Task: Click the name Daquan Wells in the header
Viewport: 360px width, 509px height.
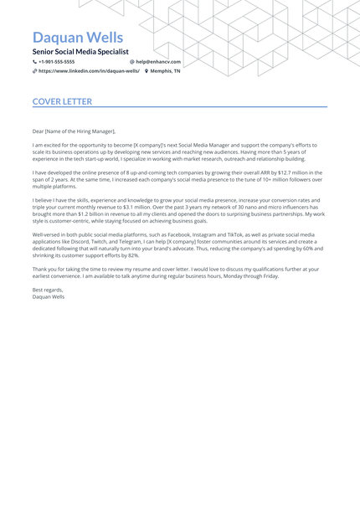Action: tap(77, 38)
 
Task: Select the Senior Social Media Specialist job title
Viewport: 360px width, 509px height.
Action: tap(80, 52)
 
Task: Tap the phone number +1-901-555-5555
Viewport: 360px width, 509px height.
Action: tap(56, 62)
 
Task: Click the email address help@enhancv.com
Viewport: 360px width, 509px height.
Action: tap(158, 62)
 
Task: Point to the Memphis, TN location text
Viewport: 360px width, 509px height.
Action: tap(165, 71)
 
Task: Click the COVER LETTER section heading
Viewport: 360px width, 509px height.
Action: tap(62, 102)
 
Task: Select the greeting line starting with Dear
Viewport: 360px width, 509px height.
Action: tap(74, 131)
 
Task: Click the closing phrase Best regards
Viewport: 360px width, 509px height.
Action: tap(48, 290)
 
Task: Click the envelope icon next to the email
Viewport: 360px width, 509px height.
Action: tap(132, 62)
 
